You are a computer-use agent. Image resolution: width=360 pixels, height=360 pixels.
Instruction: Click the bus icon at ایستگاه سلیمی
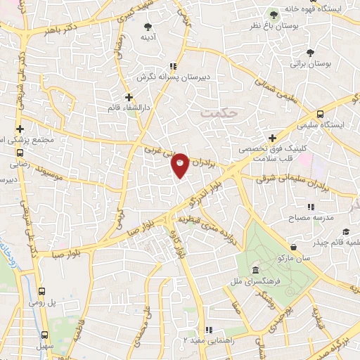pyautogui.click(x=321, y=114)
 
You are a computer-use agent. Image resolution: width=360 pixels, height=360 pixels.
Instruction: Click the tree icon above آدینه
pyautogui.click(x=148, y=25)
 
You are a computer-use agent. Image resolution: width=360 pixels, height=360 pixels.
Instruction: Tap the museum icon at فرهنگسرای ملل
pyautogui.click(x=255, y=271)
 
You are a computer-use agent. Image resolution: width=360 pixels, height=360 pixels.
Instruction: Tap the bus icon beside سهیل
pyautogui.click(x=45, y=335)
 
